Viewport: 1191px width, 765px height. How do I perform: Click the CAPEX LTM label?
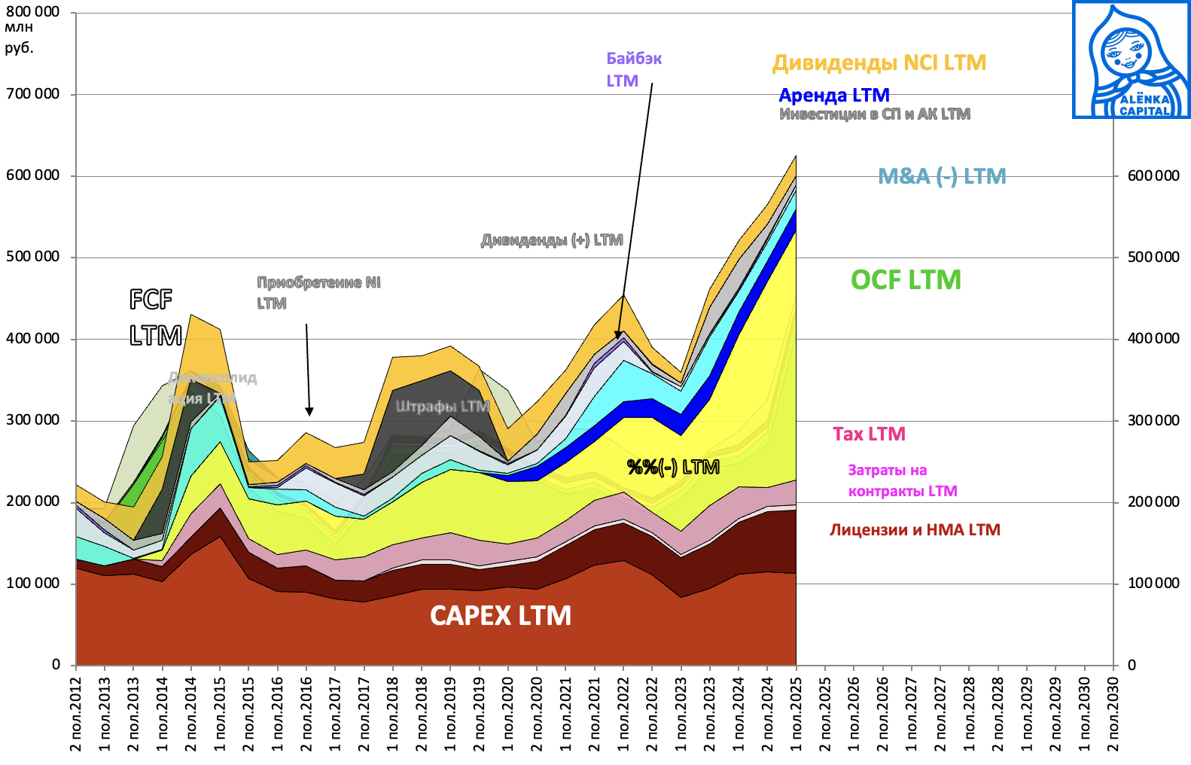pos(501,616)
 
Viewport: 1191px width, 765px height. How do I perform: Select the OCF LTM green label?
pos(906,280)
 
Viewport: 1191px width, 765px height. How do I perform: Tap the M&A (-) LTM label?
pos(942,176)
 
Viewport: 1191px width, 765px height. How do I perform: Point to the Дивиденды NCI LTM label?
pos(879,62)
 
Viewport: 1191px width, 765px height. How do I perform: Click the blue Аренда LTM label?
pos(834,96)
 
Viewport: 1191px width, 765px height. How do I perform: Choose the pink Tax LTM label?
pos(869,434)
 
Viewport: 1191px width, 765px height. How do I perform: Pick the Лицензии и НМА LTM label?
pos(915,530)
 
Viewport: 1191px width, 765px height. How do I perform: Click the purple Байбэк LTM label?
pos(633,69)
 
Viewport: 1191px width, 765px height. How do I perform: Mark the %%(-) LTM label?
pos(673,468)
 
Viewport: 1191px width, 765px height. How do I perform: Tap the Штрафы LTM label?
pos(443,407)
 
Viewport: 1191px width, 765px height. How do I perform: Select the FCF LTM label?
pos(155,317)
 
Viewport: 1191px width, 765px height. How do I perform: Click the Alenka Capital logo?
pos(1131,60)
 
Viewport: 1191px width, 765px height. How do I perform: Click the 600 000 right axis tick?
pos(1153,176)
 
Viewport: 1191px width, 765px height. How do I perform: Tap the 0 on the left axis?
pos(56,665)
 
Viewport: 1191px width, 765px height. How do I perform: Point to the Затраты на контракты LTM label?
pos(902,481)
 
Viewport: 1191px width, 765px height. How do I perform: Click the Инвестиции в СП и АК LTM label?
pos(874,114)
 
